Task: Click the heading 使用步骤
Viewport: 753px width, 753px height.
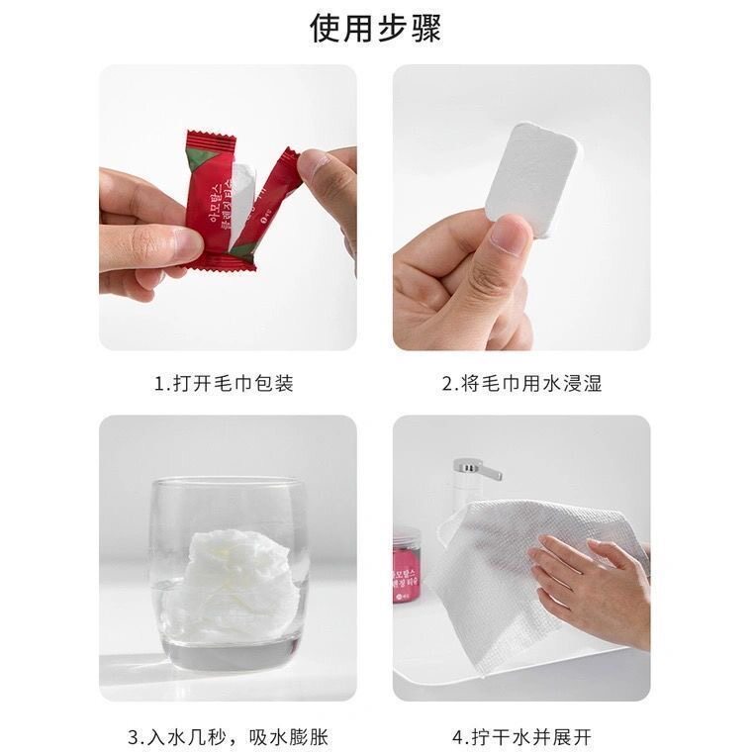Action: pyautogui.click(x=376, y=29)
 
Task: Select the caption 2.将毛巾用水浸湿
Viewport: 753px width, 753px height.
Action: pyautogui.click(x=520, y=383)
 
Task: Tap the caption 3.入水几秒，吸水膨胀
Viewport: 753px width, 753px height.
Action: pyautogui.click(x=228, y=737)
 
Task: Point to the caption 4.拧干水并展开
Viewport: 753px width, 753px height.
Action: pyautogui.click(x=521, y=737)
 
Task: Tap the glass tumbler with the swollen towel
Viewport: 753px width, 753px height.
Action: pyautogui.click(x=229, y=574)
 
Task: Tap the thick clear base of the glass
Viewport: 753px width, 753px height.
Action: pyautogui.click(x=229, y=654)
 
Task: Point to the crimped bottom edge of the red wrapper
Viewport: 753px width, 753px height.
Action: pyautogui.click(x=223, y=262)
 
